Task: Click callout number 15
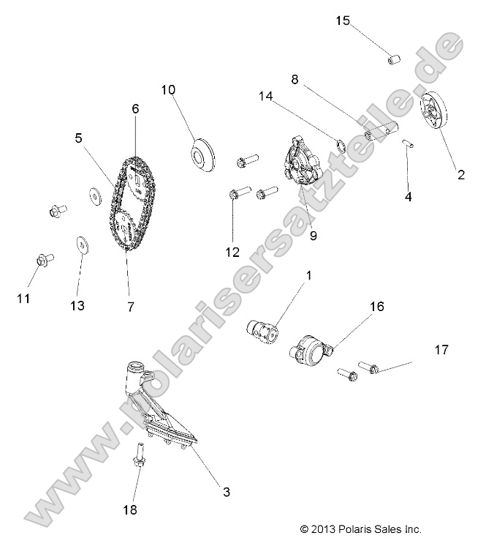coord(343,20)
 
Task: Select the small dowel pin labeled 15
coord(395,58)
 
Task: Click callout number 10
coord(169,90)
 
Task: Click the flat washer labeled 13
coord(80,244)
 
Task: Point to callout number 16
coord(376,306)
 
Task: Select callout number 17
coord(441,350)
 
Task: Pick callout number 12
coord(233,252)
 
